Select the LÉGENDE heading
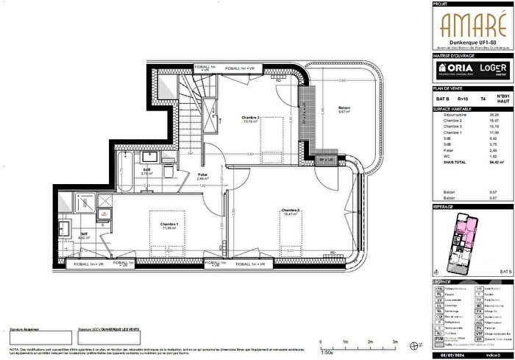pos(443,281)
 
